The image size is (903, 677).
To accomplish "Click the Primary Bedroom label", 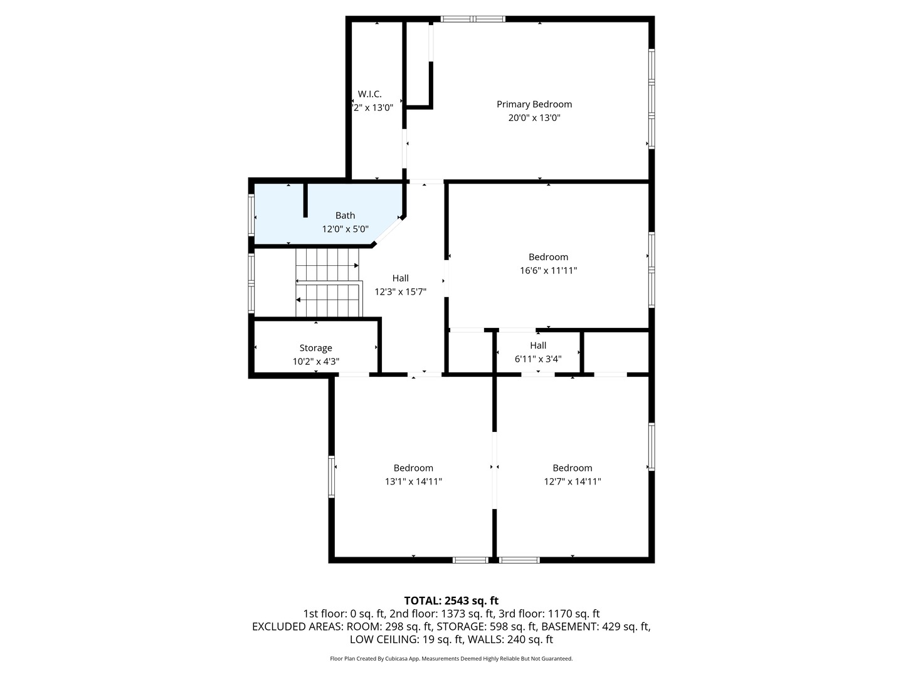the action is pos(534,105).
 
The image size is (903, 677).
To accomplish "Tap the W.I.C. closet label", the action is pos(369,94).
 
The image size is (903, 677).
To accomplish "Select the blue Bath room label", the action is pos(345,216).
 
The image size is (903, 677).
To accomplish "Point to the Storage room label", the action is pos(315,348).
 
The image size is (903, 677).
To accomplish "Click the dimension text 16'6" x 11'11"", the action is pos(548,270).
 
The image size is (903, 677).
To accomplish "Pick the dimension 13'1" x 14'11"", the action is pos(413,481).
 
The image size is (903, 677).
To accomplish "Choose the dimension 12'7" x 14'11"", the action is pos(573,481).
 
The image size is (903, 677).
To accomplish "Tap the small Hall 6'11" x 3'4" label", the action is pos(538,352).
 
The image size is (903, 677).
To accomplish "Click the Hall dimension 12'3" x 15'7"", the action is pos(400,292).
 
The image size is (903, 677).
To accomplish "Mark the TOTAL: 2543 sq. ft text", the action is pos(451,601).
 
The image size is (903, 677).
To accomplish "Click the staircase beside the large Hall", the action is pos(329,282).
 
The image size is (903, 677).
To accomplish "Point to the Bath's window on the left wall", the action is pos(251,214).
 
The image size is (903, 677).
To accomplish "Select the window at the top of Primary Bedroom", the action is pos(473,19).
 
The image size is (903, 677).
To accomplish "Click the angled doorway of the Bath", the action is pos(387,231).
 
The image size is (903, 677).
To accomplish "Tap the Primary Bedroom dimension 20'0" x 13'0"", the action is pos(534,118).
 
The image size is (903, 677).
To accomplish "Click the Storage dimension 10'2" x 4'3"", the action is pos(315,362).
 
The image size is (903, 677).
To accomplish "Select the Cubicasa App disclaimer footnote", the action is pos(451,658).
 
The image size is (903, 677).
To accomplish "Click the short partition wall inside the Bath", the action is pos(305,200).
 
